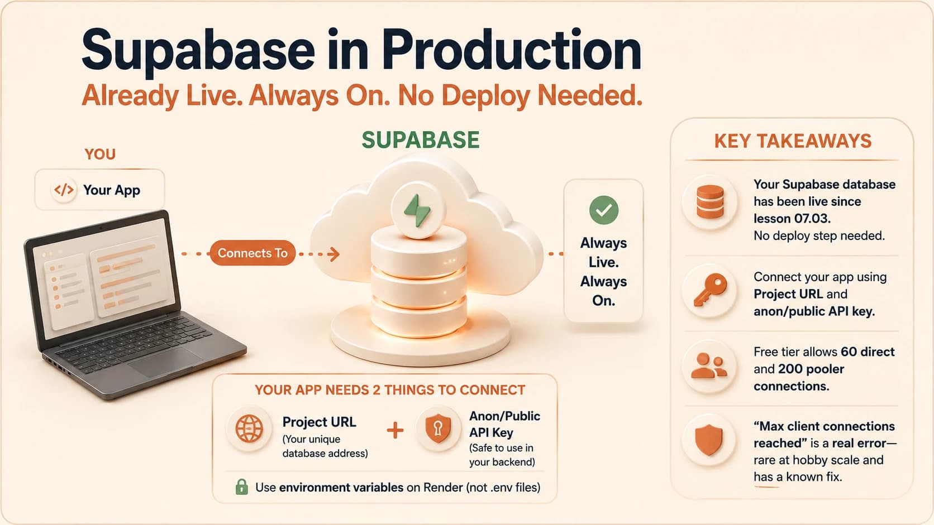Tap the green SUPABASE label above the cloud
coord(420,140)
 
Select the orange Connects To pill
coord(252,253)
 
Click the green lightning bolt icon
coord(418,211)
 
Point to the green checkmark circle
coord(604,210)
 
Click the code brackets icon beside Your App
coord(64,190)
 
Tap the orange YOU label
coord(100,155)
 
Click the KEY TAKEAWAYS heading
coord(793,141)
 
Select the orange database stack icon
coord(710,202)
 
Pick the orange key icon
coord(711,290)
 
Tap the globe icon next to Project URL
coord(249,428)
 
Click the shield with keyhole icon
coord(438,428)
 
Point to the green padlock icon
coord(241,487)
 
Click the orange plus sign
coord(395,431)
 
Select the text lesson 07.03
coord(792,219)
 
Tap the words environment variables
coord(341,488)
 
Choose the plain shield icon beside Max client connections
coord(709,440)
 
